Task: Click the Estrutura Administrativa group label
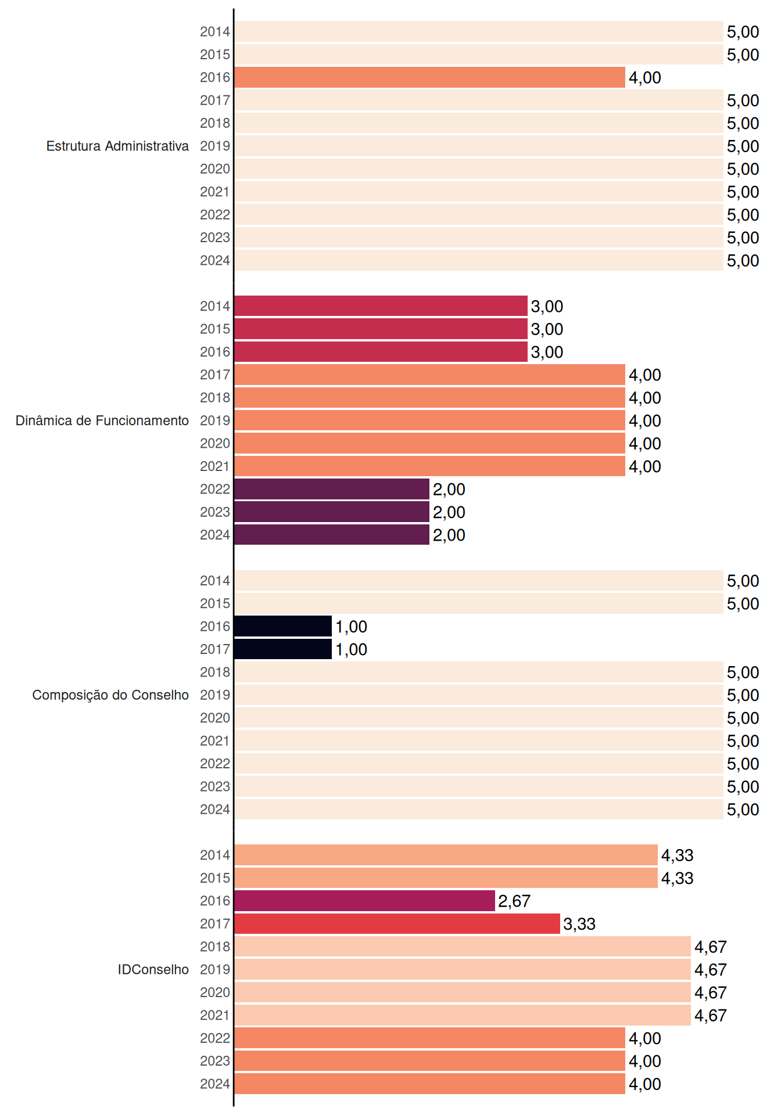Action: [x=117, y=146]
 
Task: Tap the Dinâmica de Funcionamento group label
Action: [x=102, y=420]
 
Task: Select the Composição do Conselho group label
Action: [x=110, y=695]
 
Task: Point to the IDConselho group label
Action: [x=153, y=969]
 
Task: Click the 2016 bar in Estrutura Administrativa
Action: [x=430, y=77]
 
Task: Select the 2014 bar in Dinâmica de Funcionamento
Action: [x=381, y=306]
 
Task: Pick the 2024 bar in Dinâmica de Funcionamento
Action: [x=332, y=535]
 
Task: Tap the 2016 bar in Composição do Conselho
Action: [x=283, y=626]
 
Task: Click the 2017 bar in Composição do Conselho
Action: [x=283, y=649]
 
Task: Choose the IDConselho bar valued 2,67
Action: [x=365, y=901]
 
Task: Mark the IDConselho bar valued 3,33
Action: [x=397, y=923]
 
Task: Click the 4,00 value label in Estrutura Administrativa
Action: [x=645, y=78]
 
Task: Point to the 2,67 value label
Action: [x=514, y=901]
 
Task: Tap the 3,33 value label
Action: [x=579, y=924]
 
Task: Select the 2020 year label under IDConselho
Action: [x=215, y=992]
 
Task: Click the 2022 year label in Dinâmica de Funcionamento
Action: [x=215, y=489]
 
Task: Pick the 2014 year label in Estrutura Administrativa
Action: [x=215, y=32]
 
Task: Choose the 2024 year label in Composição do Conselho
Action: [x=215, y=810]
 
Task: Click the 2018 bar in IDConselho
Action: [x=463, y=947]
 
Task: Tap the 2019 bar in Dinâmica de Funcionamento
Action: [x=430, y=420]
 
